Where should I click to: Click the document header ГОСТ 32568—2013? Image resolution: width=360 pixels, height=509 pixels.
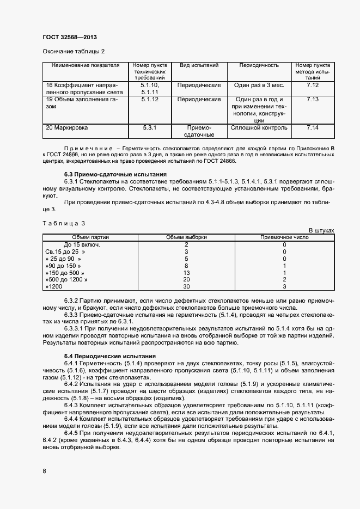coord(70,38)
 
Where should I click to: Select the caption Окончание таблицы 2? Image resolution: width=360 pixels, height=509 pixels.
coord(73,52)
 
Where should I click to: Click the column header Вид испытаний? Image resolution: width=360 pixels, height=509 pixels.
coord(199,65)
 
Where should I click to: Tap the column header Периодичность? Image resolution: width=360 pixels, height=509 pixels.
coord(259,65)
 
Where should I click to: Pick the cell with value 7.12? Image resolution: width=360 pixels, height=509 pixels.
coord(313,85)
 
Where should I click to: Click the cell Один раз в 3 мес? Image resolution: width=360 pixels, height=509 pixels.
coord(259,85)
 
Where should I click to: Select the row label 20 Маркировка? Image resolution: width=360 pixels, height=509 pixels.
coord(67,127)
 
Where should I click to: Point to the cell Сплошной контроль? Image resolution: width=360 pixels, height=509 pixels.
coord(259,127)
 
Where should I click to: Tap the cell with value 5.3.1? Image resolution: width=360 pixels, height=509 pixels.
coord(149,127)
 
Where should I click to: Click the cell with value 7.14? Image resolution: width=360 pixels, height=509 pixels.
coord(313,127)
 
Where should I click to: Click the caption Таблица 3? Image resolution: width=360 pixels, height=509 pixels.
coord(64,223)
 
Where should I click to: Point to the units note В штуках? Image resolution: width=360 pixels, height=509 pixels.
coord(321,230)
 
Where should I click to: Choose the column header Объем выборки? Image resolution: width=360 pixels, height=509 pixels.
coord(186,237)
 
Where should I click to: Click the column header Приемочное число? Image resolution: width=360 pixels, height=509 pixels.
coord(284,237)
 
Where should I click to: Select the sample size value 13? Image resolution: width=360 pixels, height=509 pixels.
coord(186,272)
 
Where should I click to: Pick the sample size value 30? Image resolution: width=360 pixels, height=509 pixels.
coord(186,286)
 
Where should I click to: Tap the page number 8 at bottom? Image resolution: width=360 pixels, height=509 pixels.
coord(44,471)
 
